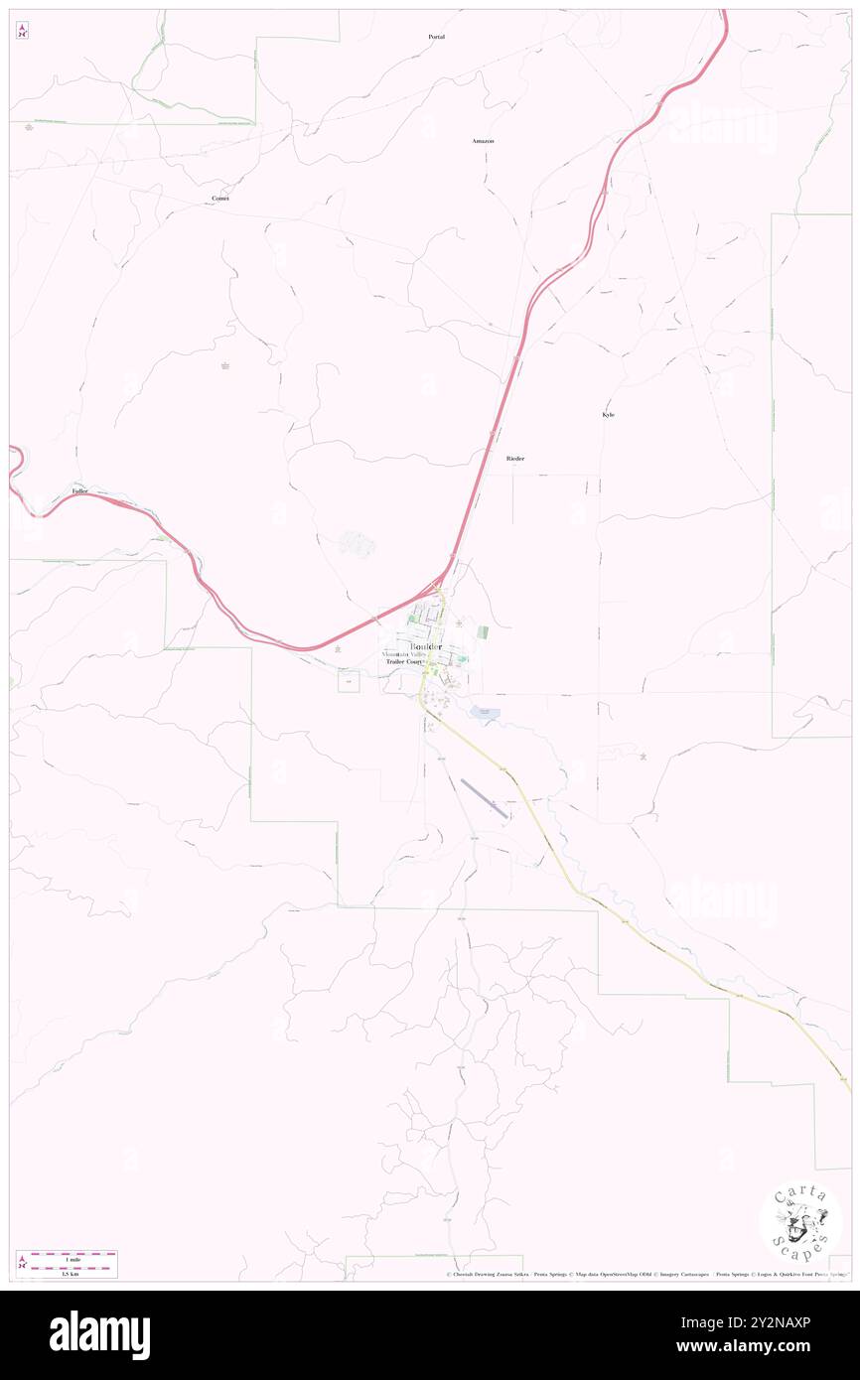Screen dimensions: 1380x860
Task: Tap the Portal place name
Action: (436, 37)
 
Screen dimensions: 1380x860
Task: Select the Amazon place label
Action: (483, 142)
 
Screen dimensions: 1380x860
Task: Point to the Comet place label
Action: (220, 199)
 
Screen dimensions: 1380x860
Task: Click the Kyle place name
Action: (608, 415)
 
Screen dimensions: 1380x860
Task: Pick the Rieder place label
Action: (514, 459)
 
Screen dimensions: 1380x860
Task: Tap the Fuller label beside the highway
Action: (80, 491)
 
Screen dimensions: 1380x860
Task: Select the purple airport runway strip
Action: (485, 799)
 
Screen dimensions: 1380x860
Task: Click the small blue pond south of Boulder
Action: (485, 712)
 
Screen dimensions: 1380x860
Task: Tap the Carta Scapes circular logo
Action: (800, 1222)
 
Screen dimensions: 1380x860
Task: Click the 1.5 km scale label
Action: (68, 1274)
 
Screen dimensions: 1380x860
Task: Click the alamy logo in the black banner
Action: (99, 1334)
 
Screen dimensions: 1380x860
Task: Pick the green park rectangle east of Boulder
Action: (484, 631)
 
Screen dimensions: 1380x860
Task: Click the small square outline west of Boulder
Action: (349, 681)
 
